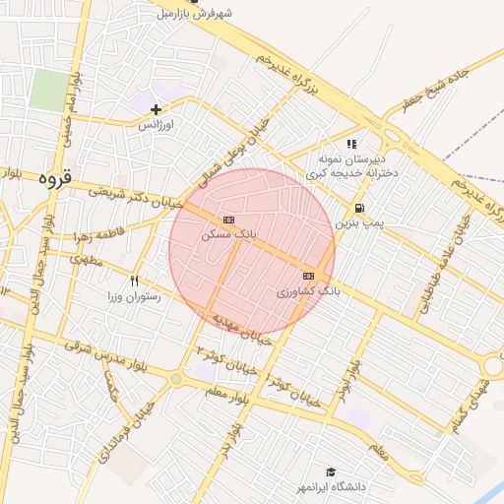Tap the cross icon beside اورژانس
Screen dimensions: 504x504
point(156,108)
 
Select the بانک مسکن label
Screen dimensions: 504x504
point(228,235)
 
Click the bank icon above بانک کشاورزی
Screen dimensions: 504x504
point(308,276)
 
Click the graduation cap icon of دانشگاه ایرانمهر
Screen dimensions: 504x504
point(331,472)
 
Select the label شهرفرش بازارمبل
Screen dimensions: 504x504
point(199,14)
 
